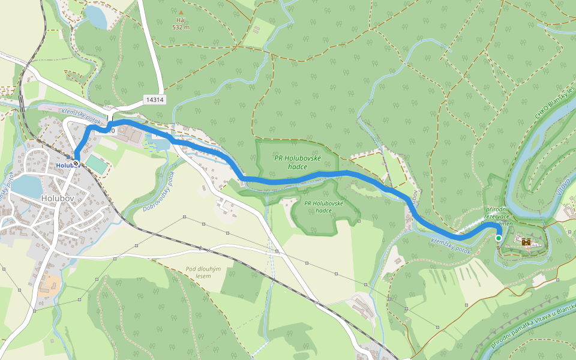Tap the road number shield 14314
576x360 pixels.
point(154,100)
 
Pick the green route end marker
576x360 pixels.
point(498,238)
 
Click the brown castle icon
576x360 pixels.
point(526,242)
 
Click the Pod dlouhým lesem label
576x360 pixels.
point(203,272)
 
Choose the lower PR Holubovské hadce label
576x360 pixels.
point(323,206)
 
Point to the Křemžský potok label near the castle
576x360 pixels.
point(451,245)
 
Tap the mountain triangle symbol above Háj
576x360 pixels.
point(181,12)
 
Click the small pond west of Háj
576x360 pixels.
point(95,16)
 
